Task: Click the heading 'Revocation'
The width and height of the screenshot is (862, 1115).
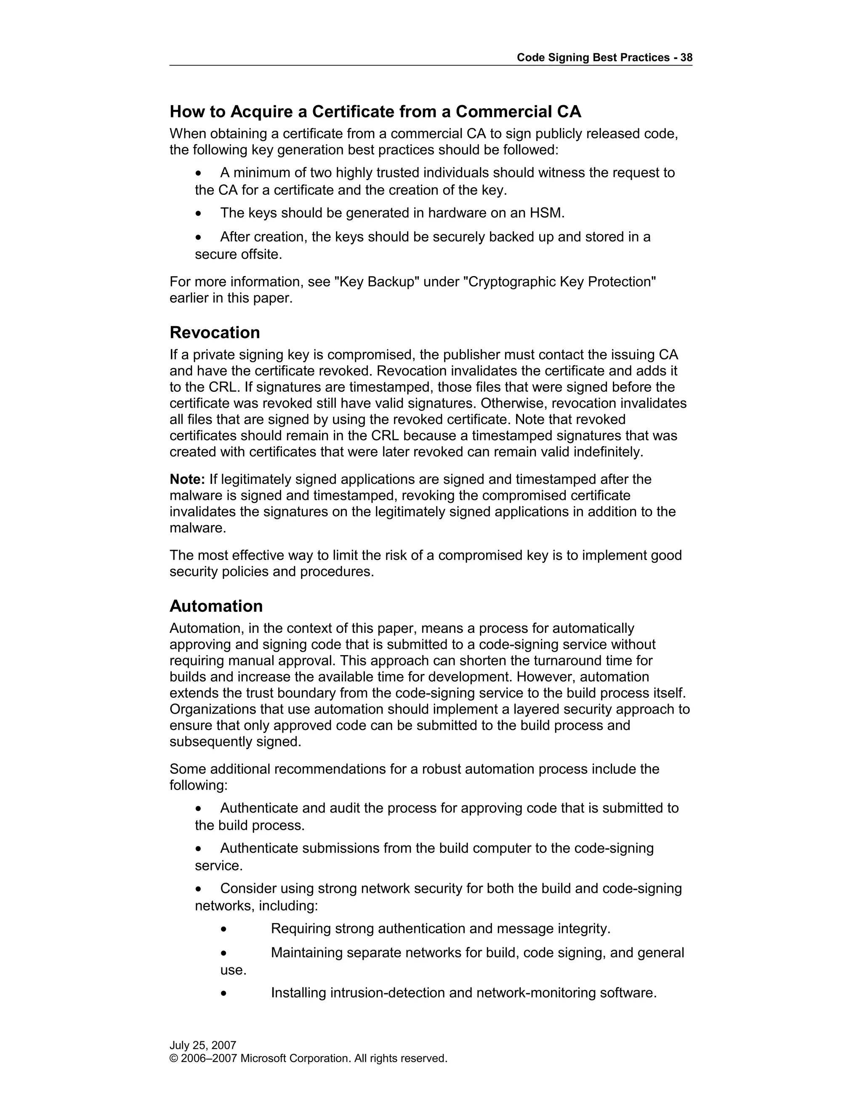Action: (x=215, y=333)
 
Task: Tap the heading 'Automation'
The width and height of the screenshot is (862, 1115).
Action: (x=216, y=606)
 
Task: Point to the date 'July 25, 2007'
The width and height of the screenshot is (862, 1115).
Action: (x=203, y=1045)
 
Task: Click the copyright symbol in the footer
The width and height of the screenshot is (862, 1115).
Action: (x=173, y=1058)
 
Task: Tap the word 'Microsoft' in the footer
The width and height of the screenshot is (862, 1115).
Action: (x=263, y=1058)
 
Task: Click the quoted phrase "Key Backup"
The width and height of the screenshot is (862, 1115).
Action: (x=376, y=282)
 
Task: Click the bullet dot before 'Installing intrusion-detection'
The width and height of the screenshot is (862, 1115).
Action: (x=223, y=993)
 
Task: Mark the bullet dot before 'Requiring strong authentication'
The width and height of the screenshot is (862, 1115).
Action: (x=223, y=929)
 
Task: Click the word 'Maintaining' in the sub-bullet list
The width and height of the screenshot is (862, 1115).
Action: (x=306, y=953)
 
